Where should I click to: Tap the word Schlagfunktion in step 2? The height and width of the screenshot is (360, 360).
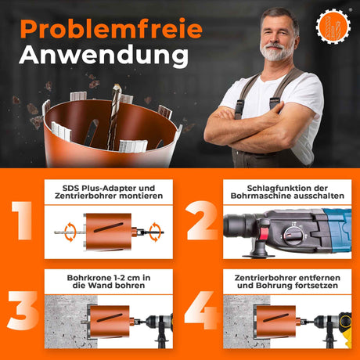[x=262, y=187]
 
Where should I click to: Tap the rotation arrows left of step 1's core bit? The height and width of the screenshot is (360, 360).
[x=67, y=232]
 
